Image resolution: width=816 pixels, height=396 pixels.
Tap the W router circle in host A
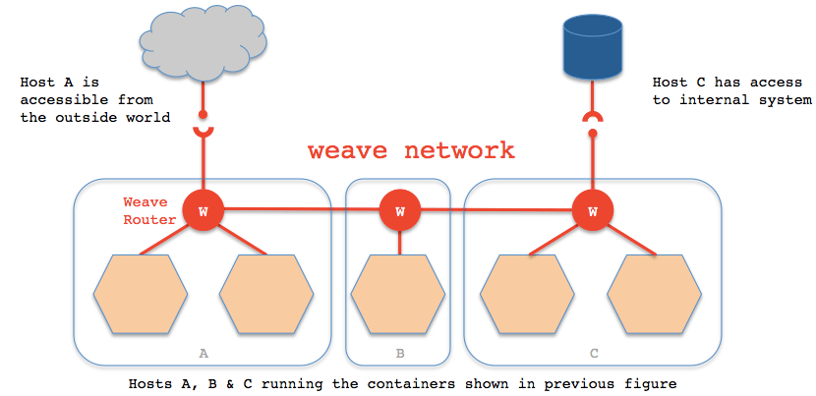tap(204, 210)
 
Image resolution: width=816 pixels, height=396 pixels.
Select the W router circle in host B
tap(399, 210)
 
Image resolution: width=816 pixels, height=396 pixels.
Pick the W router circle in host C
tap(592, 210)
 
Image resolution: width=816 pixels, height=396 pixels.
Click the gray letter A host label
tap(204, 351)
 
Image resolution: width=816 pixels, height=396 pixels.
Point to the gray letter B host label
tap(399, 351)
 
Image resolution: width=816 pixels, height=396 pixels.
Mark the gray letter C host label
tap(593, 351)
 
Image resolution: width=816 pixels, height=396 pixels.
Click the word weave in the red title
tap(345, 150)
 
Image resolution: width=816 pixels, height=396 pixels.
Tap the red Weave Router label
tap(147, 210)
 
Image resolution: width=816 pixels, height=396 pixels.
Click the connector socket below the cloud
tap(204, 131)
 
